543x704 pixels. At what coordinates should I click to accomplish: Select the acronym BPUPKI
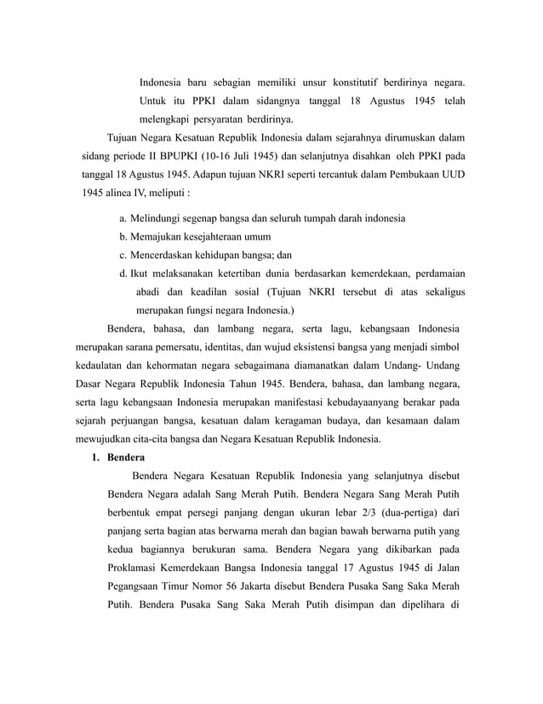pyautogui.click(x=193, y=156)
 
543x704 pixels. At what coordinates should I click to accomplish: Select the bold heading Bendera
pyautogui.click(x=124, y=456)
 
